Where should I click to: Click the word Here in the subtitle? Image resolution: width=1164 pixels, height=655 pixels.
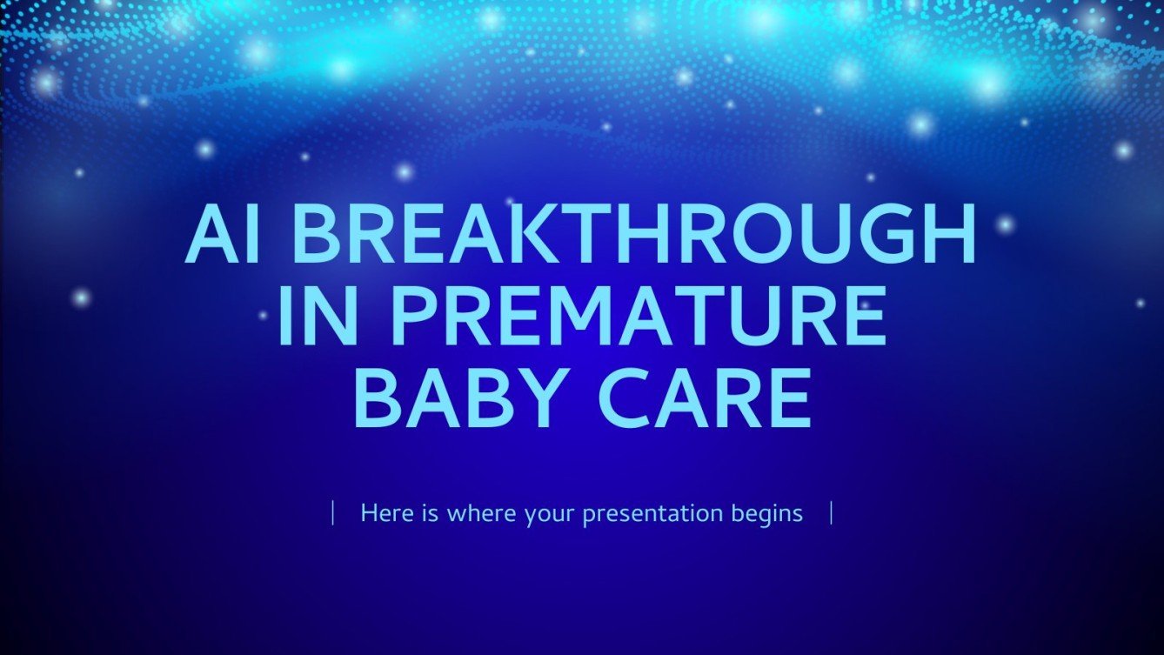[385, 513]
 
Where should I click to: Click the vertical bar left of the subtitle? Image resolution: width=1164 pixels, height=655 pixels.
[333, 513]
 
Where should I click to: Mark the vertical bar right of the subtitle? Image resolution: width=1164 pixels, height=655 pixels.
[832, 513]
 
